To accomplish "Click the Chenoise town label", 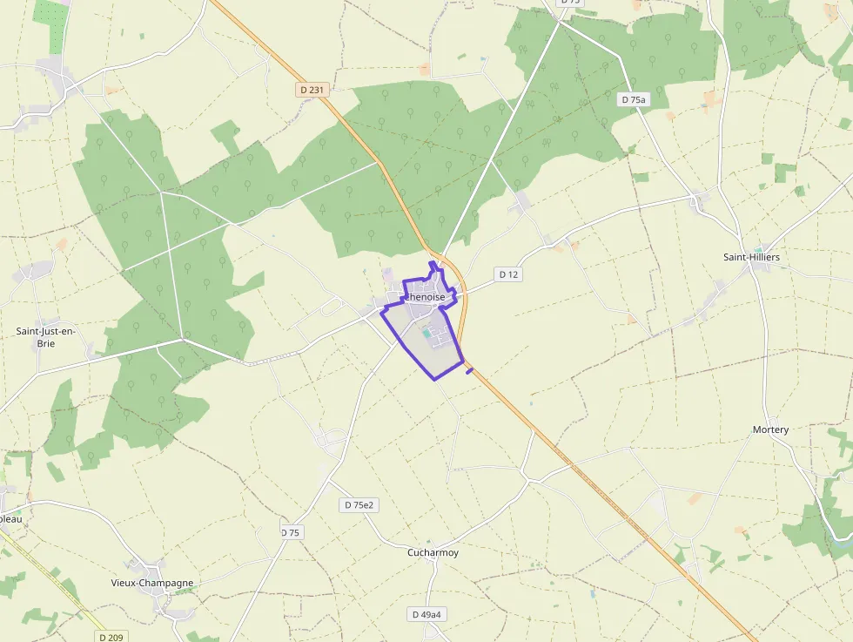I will click(425, 297).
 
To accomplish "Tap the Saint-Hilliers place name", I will click(751, 257).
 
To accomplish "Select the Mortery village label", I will click(770, 429).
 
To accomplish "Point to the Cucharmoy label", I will click(433, 552).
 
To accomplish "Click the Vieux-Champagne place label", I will click(152, 583).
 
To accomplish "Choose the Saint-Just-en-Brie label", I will click(46, 337).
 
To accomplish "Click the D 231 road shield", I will click(311, 89).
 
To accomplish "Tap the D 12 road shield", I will click(508, 274).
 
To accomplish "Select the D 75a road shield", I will click(635, 100).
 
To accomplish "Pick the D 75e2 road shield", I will click(359, 505).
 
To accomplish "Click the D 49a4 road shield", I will click(426, 614).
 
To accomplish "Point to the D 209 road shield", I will click(111, 637).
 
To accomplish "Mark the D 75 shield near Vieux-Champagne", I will click(291, 532).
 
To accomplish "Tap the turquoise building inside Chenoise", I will click(426, 332).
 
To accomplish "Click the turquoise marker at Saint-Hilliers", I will click(758, 250).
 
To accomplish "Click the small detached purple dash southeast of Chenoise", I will click(470, 372).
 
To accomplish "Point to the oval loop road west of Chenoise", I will click(332, 307).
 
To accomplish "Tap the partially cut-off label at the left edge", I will click(10, 518).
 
